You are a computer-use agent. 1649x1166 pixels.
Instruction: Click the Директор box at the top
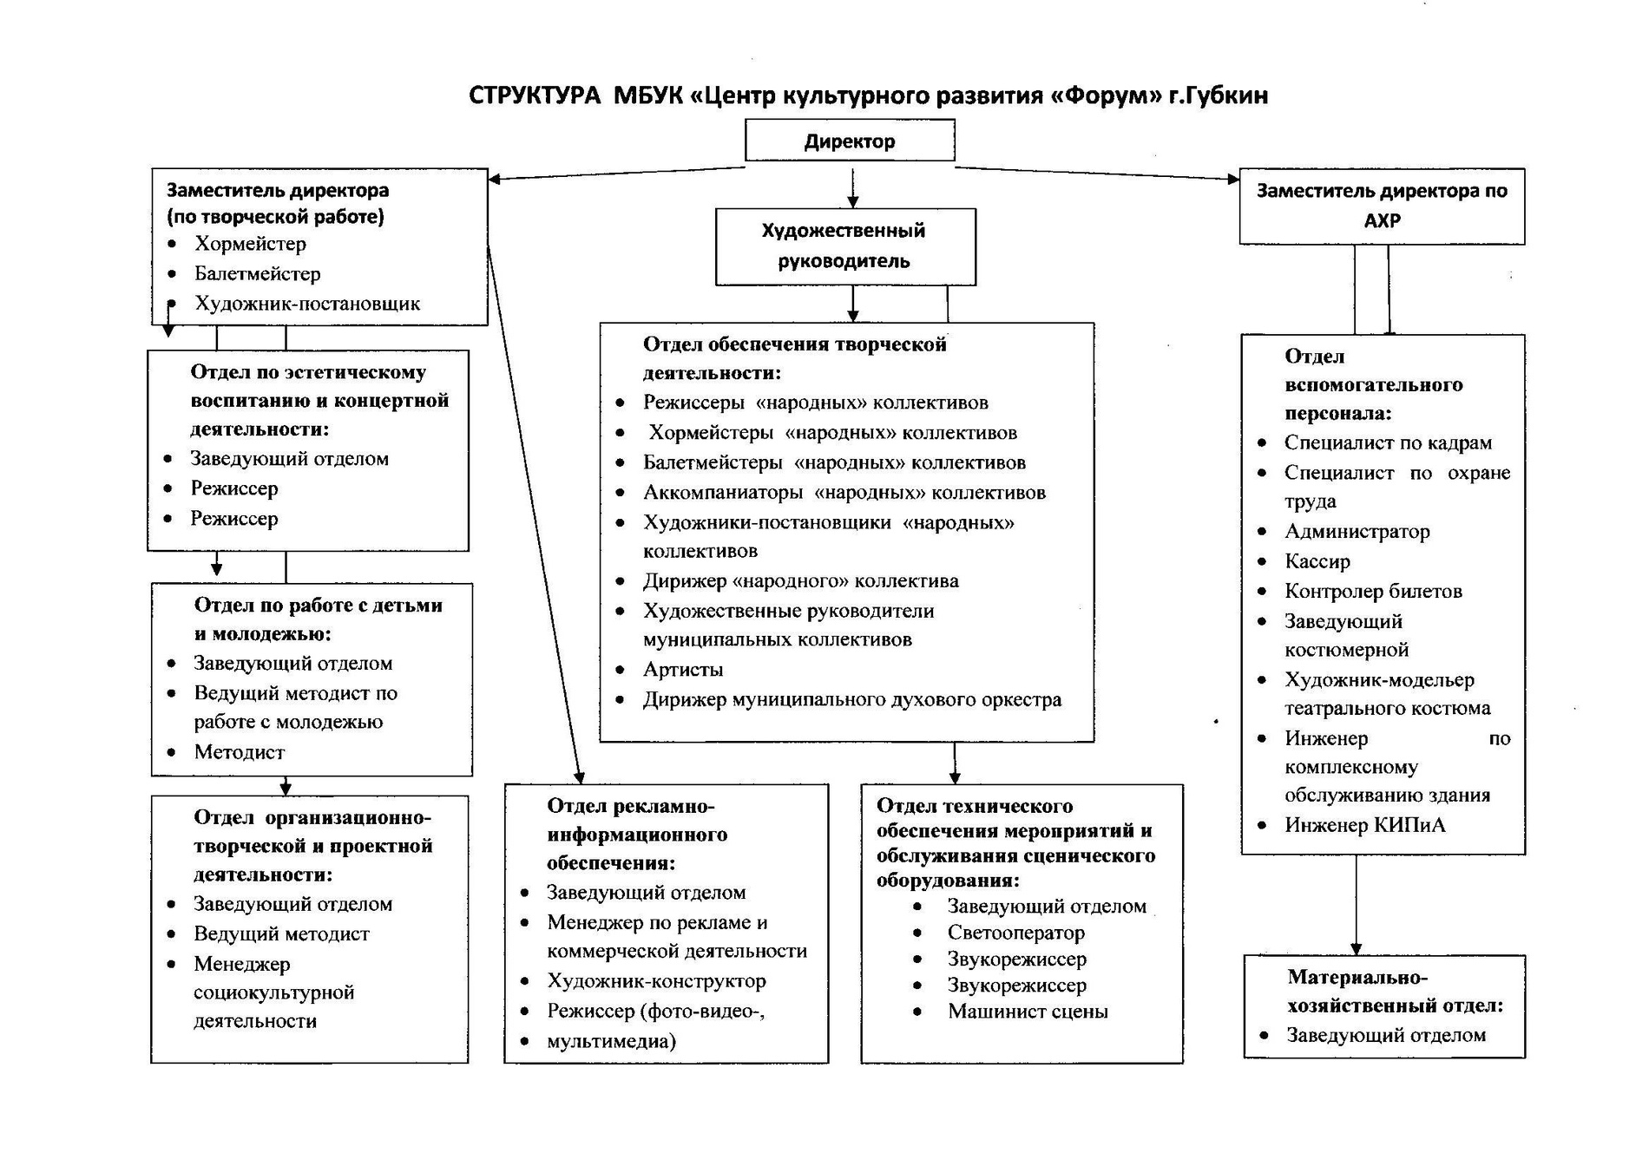[x=849, y=141]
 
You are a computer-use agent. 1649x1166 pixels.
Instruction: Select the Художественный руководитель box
[x=844, y=246]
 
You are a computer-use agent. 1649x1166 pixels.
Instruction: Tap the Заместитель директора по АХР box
[x=1382, y=206]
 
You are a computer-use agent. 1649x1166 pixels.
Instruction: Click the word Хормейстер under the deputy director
[x=250, y=244]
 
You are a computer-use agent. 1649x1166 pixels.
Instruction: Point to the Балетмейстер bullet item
[x=257, y=274]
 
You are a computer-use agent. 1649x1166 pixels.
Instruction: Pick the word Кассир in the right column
[x=1317, y=561]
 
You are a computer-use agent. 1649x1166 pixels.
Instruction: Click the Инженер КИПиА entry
[x=1364, y=825]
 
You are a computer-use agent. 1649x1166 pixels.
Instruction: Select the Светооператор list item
[x=1015, y=933]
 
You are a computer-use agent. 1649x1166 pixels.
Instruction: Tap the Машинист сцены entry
[x=1027, y=1012]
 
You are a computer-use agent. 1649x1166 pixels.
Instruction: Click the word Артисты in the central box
[x=682, y=670]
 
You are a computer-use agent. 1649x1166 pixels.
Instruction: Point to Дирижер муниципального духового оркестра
[x=851, y=699]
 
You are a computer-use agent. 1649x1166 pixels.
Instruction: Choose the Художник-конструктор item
[x=656, y=981]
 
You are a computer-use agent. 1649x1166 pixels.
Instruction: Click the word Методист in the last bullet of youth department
[x=239, y=752]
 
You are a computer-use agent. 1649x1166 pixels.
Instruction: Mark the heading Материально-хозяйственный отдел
[x=1394, y=992]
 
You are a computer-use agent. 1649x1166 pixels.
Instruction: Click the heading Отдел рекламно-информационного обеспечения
[x=636, y=834]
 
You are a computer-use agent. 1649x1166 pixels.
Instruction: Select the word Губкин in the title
[x=1229, y=95]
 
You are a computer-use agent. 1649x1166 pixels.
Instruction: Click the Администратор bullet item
[x=1357, y=531]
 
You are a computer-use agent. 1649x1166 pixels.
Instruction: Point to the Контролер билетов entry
[x=1373, y=592]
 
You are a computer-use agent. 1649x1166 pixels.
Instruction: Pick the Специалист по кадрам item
[x=1388, y=442]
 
